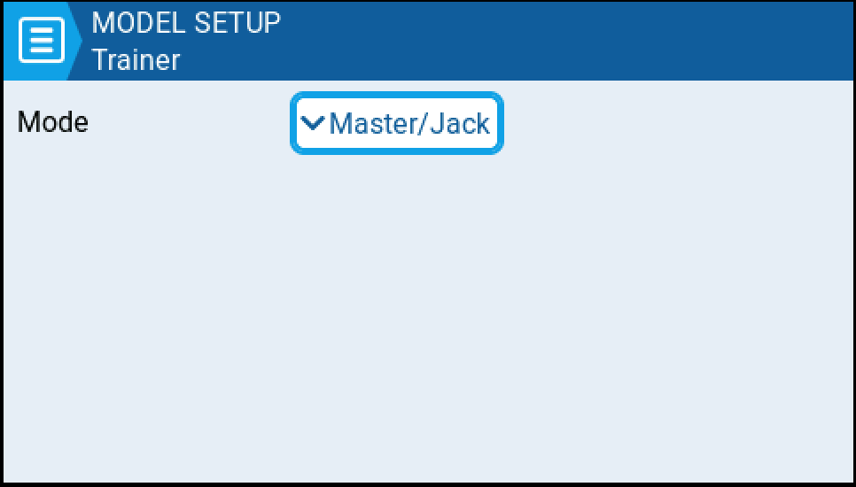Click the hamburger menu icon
(42, 41)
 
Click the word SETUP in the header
(237, 23)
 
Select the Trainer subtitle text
(136, 60)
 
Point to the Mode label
(53, 121)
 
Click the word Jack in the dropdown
(460, 123)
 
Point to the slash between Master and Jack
(423, 123)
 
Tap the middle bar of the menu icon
(42, 41)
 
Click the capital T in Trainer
(99, 60)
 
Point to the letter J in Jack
(436, 123)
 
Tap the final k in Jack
(482, 123)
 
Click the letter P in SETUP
(271, 23)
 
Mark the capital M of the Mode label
(27, 121)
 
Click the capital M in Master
(340, 123)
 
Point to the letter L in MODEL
(179, 23)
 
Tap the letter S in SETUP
(203, 23)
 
